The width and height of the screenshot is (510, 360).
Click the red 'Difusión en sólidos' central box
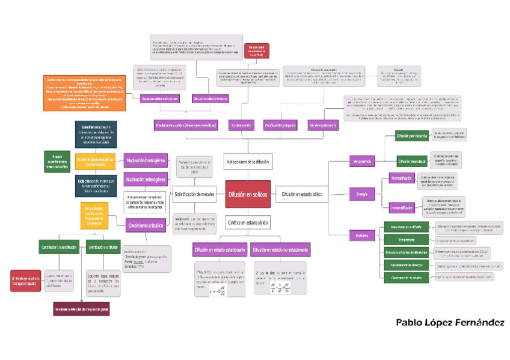coord(248,194)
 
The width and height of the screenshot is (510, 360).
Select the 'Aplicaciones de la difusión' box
coord(247,162)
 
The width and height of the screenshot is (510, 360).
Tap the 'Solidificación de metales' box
coord(194,194)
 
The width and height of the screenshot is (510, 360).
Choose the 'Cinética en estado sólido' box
coord(248,222)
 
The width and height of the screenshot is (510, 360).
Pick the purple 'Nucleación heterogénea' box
coord(145,178)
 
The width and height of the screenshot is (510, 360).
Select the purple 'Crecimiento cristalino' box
coord(145,226)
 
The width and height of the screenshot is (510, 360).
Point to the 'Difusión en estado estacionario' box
coord(219,249)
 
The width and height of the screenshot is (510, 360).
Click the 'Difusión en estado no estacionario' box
coord(280,249)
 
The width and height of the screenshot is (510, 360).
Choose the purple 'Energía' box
coord(361,194)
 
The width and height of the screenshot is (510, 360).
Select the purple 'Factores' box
coord(361,235)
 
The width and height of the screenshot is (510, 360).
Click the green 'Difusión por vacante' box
coord(411,136)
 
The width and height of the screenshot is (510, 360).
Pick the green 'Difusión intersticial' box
coord(411,161)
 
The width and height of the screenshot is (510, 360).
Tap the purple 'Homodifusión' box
coord(401,178)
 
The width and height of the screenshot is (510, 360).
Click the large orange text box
coord(84,93)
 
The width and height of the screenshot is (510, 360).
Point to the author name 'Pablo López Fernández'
coord(450,323)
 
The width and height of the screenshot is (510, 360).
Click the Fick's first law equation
coord(218,291)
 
